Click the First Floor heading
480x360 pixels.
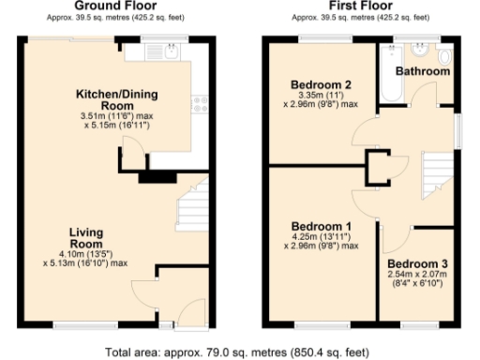point(361,6)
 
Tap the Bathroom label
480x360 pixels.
point(422,71)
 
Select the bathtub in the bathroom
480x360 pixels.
point(387,80)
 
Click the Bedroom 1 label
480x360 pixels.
point(322,227)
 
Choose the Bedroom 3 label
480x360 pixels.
point(419,263)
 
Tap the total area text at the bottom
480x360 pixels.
point(239,352)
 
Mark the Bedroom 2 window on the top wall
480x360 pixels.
point(325,37)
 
